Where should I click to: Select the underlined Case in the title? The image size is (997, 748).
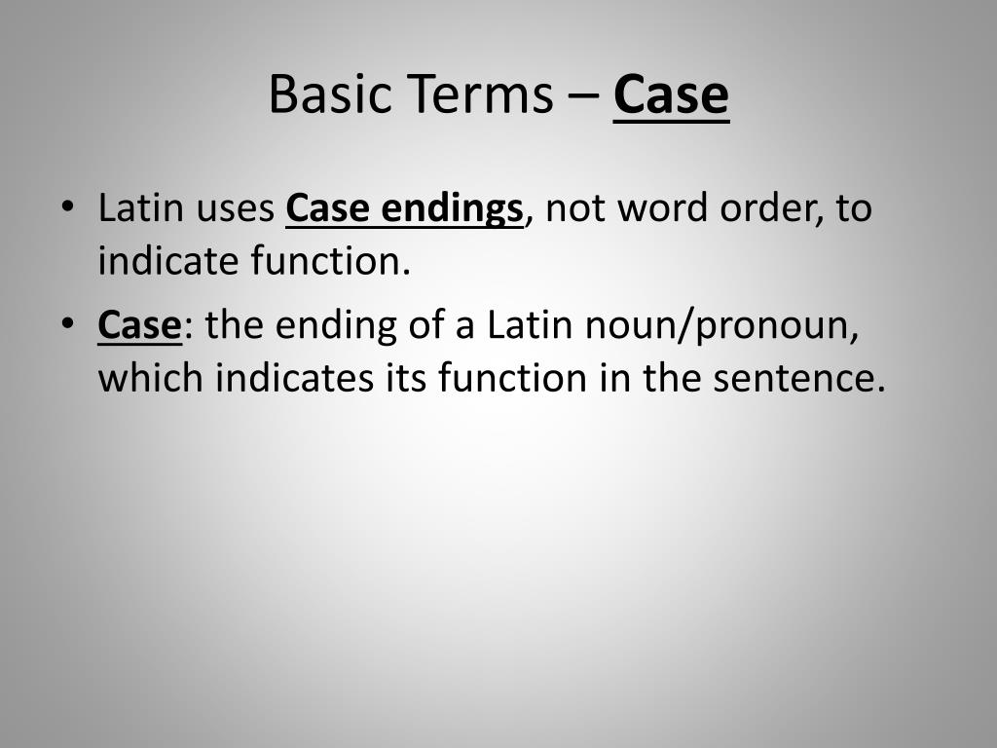point(671,94)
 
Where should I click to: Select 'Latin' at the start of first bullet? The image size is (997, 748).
point(133,209)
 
